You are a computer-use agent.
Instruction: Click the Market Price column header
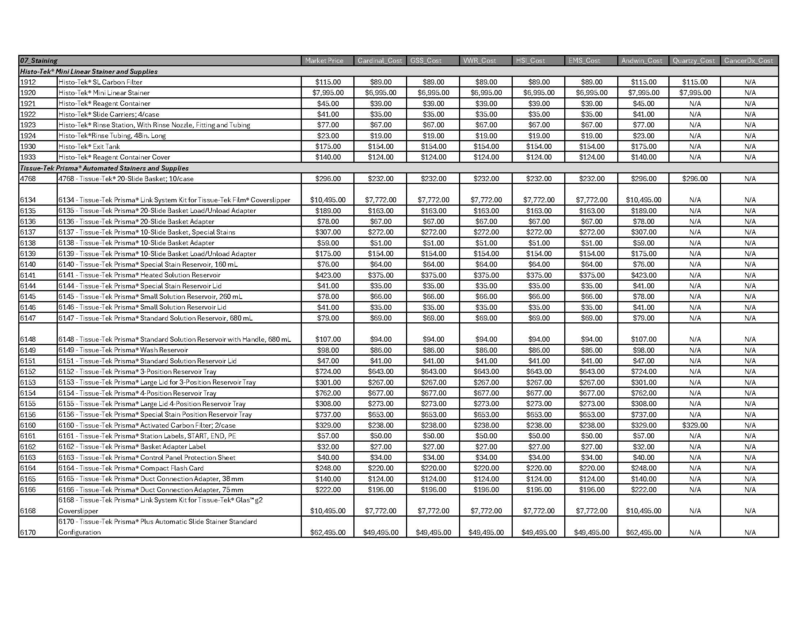tap(324, 60)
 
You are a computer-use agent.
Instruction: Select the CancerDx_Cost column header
tap(748, 60)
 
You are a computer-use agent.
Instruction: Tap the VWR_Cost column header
tap(479, 60)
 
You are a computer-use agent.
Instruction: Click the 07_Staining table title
tap(39, 60)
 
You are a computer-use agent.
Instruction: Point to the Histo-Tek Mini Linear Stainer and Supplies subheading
tap(89, 71)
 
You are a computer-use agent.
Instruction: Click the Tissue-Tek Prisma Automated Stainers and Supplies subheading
tap(104, 168)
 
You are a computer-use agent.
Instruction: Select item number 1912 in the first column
tap(28, 82)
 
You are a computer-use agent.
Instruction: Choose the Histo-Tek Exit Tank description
tap(89, 146)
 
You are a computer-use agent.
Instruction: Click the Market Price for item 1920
tap(328, 93)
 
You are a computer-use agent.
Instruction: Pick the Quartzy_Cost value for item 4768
tap(695, 179)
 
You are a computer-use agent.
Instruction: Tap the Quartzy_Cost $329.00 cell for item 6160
tap(695, 425)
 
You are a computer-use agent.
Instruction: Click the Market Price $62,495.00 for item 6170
tap(328, 532)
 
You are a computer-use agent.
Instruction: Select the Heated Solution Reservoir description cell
tap(140, 275)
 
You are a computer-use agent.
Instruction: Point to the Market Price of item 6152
tap(328, 371)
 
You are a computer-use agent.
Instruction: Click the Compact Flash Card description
tap(131, 468)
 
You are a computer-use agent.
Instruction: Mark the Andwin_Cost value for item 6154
tap(643, 393)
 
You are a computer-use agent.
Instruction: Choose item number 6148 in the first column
tap(28, 339)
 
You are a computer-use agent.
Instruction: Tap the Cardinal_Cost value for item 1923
tap(380, 125)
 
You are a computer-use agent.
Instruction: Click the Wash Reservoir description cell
tap(123, 350)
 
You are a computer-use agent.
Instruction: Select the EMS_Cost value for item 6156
tap(591, 415)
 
